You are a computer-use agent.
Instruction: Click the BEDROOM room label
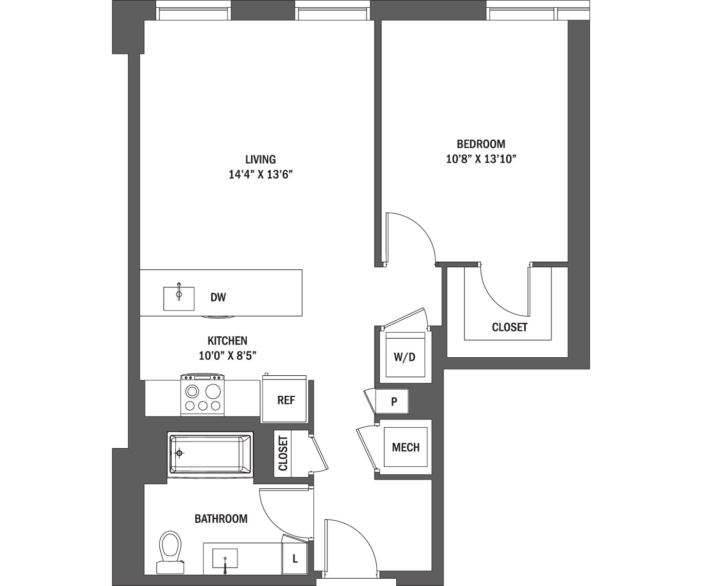[x=481, y=144]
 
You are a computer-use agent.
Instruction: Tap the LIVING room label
[x=260, y=159]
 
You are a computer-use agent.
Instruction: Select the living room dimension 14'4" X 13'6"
[x=260, y=175]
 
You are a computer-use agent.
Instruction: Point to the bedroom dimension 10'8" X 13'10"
[x=481, y=159]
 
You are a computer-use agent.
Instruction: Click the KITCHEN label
[x=227, y=340]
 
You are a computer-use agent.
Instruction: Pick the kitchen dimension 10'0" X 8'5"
[x=227, y=355]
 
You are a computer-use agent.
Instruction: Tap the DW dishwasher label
[x=218, y=297]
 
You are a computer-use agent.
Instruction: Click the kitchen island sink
[x=179, y=299]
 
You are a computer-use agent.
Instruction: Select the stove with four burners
[x=203, y=395]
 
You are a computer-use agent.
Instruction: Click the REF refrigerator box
[x=286, y=400]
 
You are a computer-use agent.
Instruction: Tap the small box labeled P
[x=394, y=401]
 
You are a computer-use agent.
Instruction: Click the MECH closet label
[x=405, y=447]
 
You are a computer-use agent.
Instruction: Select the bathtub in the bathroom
[x=210, y=454]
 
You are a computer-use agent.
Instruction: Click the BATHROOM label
[x=221, y=519]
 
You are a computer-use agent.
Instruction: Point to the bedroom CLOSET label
[x=509, y=327]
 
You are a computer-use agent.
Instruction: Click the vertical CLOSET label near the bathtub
[x=283, y=453]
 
